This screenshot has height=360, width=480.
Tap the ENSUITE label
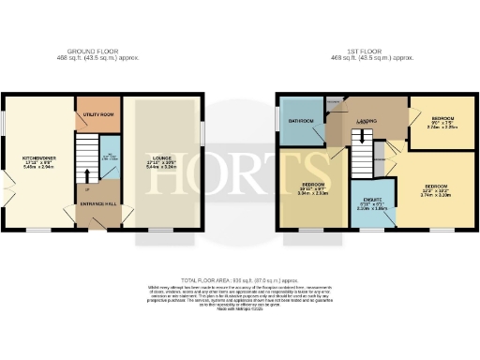[371, 200]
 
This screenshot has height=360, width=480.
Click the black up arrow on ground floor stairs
[87, 173]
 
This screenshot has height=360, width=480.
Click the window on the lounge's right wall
[203, 131]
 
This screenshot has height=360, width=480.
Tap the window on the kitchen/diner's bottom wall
[37, 229]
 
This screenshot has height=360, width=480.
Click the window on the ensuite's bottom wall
[372, 230]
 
